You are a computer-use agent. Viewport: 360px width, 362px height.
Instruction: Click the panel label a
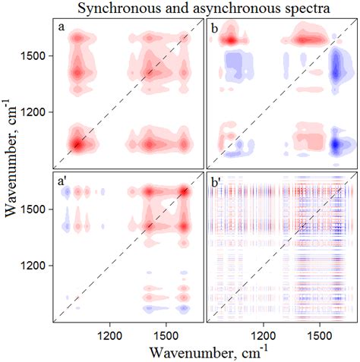pyautogui.click(x=61, y=28)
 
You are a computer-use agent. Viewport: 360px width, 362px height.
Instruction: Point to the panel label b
pyautogui.click(x=215, y=28)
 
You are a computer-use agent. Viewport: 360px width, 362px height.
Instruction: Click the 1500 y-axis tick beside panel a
pyautogui.click(x=38, y=55)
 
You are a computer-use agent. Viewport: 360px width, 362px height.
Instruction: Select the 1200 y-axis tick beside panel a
pyautogui.click(x=38, y=112)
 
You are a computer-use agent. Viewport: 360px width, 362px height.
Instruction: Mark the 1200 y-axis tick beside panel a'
pyautogui.click(x=38, y=266)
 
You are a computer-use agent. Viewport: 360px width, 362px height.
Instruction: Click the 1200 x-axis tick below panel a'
pyautogui.click(x=110, y=332)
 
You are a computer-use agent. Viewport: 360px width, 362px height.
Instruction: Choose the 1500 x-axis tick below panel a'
pyautogui.click(x=167, y=332)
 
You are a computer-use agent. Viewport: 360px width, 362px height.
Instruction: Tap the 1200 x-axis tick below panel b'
pyautogui.click(x=264, y=332)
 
